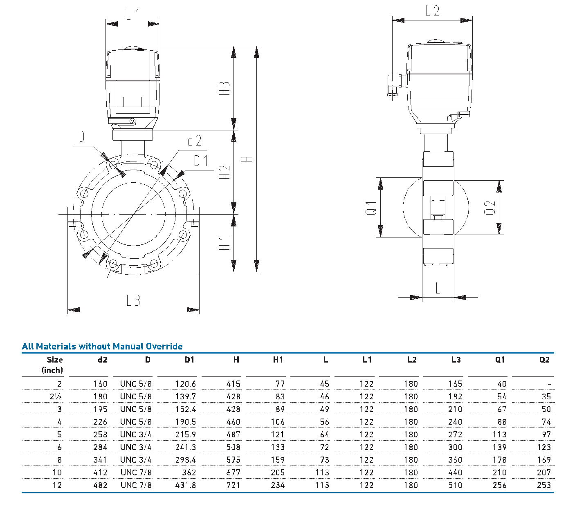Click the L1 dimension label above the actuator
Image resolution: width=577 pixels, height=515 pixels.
[132, 15]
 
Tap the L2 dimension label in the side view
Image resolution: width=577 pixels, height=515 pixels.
[433, 11]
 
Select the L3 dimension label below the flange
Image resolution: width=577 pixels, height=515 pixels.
[133, 301]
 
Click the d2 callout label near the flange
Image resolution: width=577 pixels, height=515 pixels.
[195, 141]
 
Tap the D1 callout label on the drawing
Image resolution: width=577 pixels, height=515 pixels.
[201, 161]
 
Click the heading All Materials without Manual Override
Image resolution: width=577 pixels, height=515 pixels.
[102, 347]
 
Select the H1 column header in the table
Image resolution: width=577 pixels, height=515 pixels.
[278, 360]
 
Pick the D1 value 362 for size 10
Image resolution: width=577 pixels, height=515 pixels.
[189, 472]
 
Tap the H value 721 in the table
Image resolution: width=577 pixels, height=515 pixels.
[233, 485]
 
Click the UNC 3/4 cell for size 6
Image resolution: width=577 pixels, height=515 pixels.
[136, 447]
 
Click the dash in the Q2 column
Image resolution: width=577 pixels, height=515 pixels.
[549, 384]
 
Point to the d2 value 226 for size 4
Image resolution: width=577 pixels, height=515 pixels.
[100, 422]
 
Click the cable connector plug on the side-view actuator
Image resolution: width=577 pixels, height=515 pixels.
[395, 85]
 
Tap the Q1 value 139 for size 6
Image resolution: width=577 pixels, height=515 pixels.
[499, 447]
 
